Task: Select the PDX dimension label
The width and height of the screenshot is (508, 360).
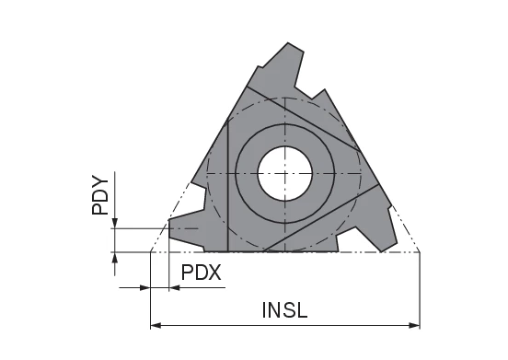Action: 201,273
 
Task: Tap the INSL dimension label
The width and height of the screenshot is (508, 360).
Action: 284,309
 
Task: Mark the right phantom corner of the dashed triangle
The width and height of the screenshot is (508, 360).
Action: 420,250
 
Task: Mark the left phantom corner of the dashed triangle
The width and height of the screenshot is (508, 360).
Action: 150,250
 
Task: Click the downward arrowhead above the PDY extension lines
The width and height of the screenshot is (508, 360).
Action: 113,222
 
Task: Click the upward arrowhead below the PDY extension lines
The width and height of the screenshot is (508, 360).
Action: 113,257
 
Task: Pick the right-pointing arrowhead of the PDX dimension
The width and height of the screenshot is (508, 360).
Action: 144,288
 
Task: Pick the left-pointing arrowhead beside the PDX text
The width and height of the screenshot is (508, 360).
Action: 174,288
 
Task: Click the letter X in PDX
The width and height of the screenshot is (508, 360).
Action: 214,273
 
